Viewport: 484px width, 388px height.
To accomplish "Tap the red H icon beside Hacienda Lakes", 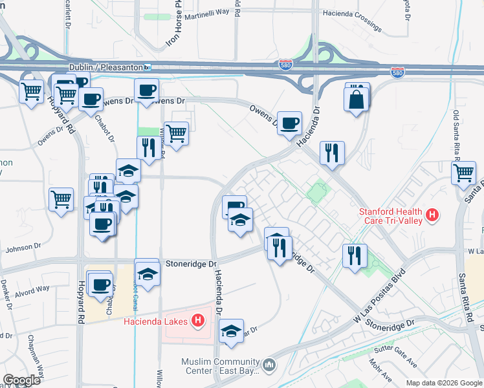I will point(199,321).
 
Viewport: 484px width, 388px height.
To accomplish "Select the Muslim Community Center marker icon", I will point(270,366).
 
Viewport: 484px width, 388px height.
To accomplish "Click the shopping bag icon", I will point(357,99).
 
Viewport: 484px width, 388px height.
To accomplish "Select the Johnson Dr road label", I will point(23,248).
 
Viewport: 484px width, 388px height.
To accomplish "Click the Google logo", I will point(21,380).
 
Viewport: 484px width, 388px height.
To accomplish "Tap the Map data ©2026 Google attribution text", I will point(443,383).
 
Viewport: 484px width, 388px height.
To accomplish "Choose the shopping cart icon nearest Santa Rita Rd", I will point(464,173).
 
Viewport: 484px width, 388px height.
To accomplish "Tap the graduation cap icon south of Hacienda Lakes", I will point(231,331).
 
